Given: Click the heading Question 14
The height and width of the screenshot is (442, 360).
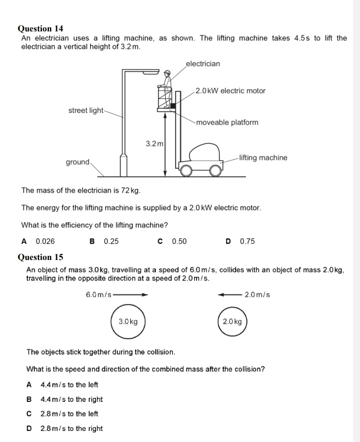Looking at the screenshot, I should coord(40,28).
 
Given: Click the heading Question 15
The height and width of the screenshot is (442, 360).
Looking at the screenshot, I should coord(40,257).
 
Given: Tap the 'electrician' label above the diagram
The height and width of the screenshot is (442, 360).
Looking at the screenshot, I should coord(203,63).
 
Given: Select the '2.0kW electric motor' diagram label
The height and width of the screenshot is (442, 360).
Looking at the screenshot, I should coord(230,91).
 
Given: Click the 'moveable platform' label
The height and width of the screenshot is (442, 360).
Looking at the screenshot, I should coord(227,122).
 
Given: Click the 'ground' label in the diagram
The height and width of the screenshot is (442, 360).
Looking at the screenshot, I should coord(77,162).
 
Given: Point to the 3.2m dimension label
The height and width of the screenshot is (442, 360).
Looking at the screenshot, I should coord(154,142).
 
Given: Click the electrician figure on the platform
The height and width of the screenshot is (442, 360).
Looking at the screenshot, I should coord(167,83).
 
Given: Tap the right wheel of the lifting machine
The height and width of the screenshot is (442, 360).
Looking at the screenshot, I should coord(216,170).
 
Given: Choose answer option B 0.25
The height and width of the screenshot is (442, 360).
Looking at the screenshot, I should coord(105,241).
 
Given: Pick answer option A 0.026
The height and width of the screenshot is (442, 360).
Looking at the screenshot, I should coord(38,241).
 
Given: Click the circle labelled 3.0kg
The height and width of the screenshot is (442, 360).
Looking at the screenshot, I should coord(128,321).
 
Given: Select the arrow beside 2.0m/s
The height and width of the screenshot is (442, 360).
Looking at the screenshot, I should coord(229,295).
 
